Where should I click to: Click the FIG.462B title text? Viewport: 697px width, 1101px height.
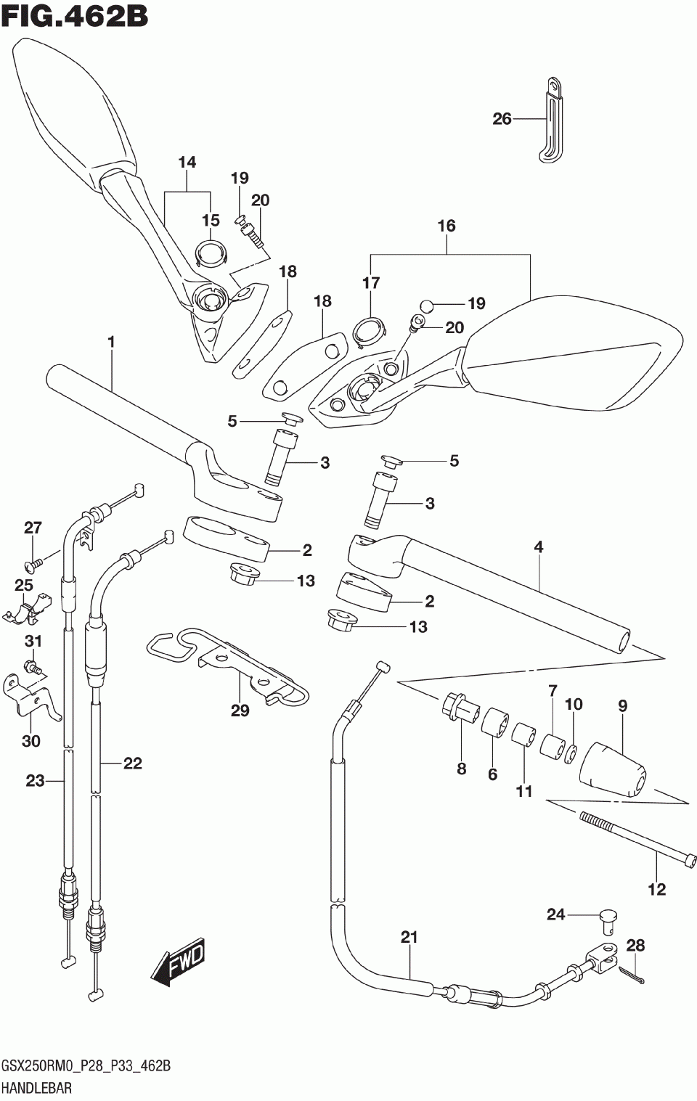point(74,17)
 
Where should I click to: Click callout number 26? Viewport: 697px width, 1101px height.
point(502,118)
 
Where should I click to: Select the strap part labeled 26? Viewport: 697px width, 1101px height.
point(552,120)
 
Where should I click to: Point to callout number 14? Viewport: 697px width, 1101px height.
point(187,162)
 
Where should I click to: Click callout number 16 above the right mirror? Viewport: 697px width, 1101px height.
point(447,226)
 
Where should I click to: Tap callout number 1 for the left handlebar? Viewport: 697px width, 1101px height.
point(111,341)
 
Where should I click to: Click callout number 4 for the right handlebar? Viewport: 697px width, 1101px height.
point(539,547)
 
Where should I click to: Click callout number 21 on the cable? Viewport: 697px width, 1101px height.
point(409,937)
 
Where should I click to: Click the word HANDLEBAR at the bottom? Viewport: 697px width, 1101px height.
point(37,1088)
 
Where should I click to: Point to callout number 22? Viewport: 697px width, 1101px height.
point(133,763)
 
